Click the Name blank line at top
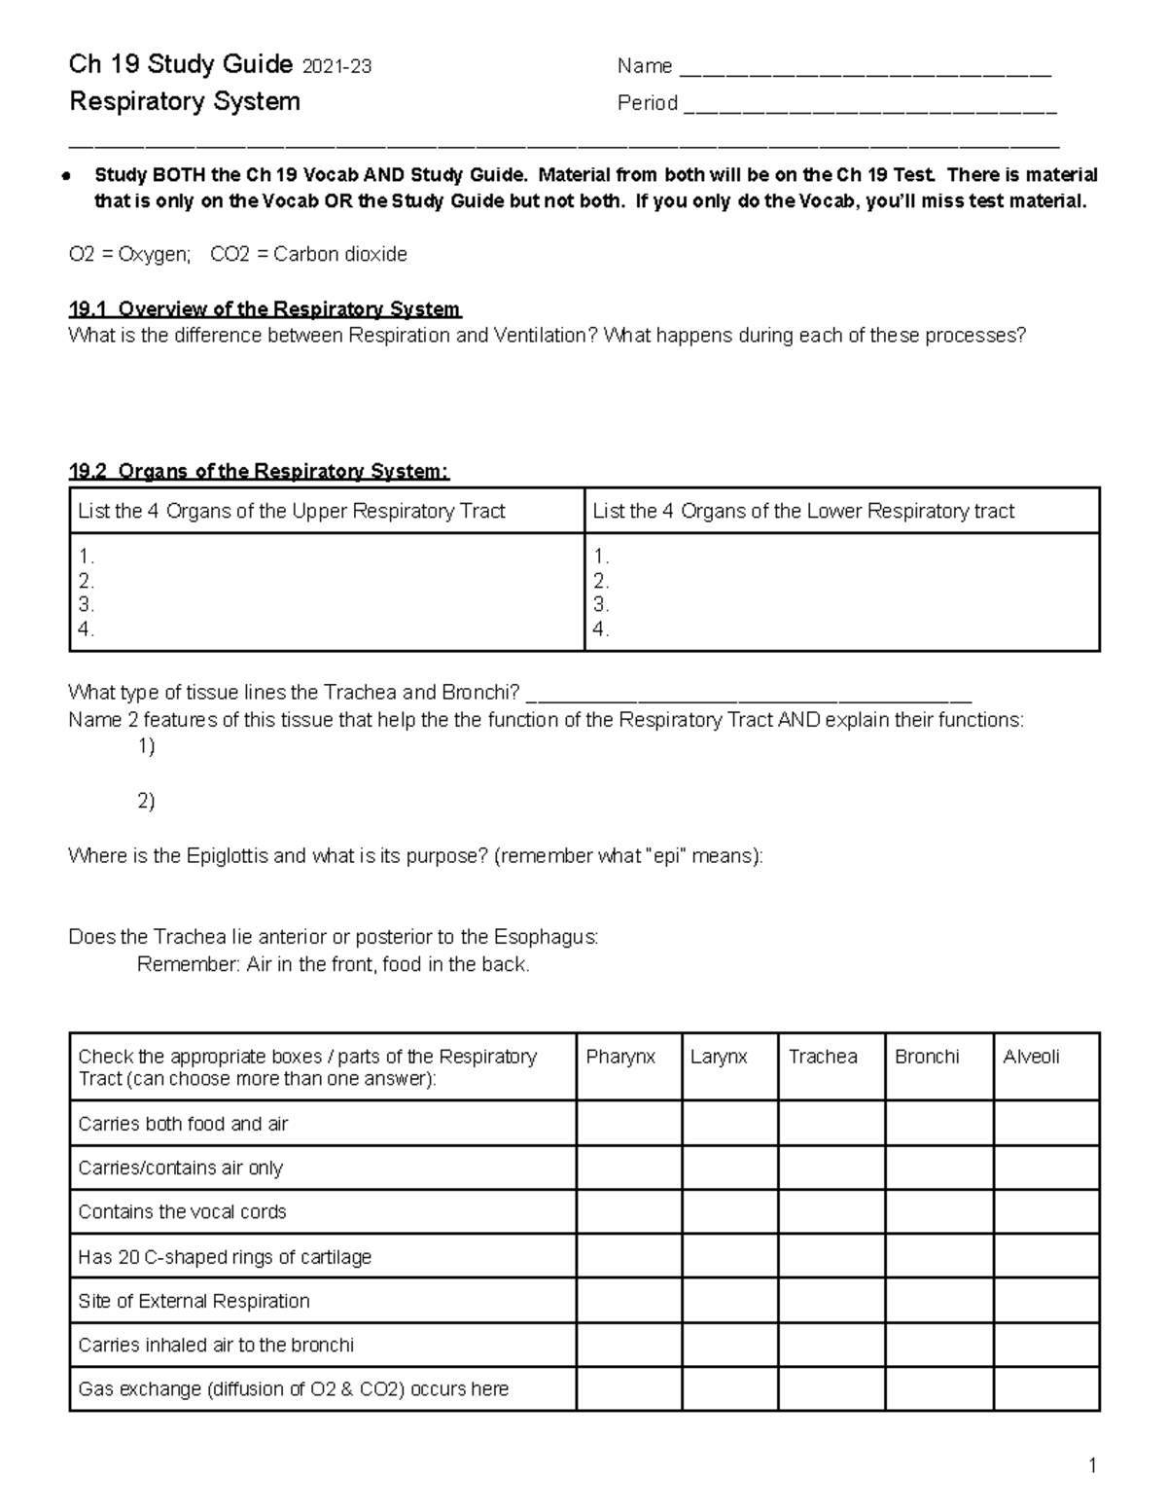(x=866, y=70)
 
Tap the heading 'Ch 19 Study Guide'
(x=181, y=65)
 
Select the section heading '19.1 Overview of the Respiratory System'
(x=265, y=309)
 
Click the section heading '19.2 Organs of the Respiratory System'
(x=259, y=472)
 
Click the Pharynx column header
(x=620, y=1058)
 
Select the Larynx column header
(x=719, y=1058)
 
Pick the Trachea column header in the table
(x=823, y=1058)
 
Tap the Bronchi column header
(x=927, y=1058)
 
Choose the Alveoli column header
(x=1031, y=1058)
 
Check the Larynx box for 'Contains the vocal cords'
(x=729, y=1212)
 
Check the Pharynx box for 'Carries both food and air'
(x=628, y=1124)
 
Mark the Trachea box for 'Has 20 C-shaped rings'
(x=831, y=1257)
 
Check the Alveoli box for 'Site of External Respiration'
(x=1046, y=1301)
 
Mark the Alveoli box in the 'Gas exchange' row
(x=1046, y=1389)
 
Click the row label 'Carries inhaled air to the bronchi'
(x=216, y=1346)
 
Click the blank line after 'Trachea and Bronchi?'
(x=754, y=695)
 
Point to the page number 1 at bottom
(x=1093, y=1466)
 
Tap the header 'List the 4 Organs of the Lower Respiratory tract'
(x=803, y=512)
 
